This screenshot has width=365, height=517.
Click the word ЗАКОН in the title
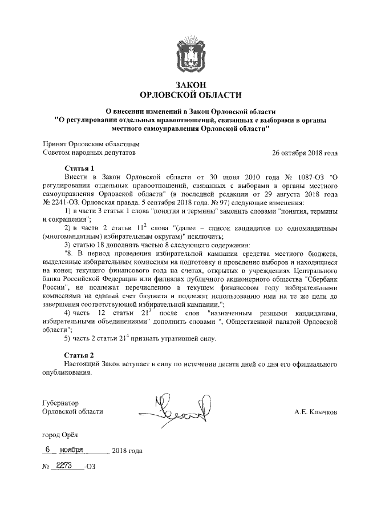pos(190,85)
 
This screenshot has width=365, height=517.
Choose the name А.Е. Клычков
pos(316,411)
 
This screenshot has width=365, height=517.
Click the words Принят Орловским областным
pos(91,145)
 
